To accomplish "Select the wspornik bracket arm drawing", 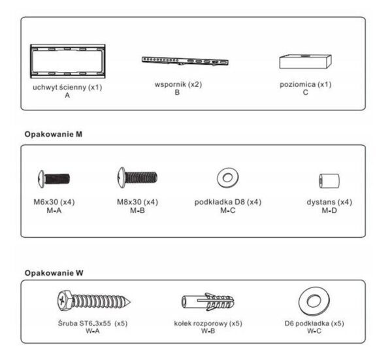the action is pyautogui.click(x=185, y=61).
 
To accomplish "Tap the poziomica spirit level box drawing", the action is pyautogui.click(x=305, y=61).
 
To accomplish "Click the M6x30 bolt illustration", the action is pyautogui.click(x=54, y=179).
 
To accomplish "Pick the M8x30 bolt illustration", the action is pyautogui.click(x=137, y=178).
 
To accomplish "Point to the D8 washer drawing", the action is pyautogui.click(x=223, y=178).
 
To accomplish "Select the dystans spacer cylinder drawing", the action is pyautogui.click(x=329, y=181).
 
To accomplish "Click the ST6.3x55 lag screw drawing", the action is pyautogui.click(x=93, y=301).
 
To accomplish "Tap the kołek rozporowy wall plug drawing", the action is pyautogui.click(x=208, y=302).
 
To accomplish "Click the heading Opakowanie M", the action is pyautogui.click(x=54, y=134).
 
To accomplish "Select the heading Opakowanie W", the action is pyautogui.click(x=54, y=272).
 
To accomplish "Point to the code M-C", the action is pyautogui.click(x=228, y=210).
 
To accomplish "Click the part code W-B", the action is pyautogui.click(x=208, y=331).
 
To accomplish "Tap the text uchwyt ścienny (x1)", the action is pyautogui.click(x=67, y=88).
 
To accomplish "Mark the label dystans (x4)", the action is pyautogui.click(x=329, y=202).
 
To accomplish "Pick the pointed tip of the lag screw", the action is pyautogui.click(x=130, y=302).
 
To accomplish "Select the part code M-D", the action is pyautogui.click(x=329, y=210).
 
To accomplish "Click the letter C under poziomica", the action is pyautogui.click(x=306, y=93).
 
